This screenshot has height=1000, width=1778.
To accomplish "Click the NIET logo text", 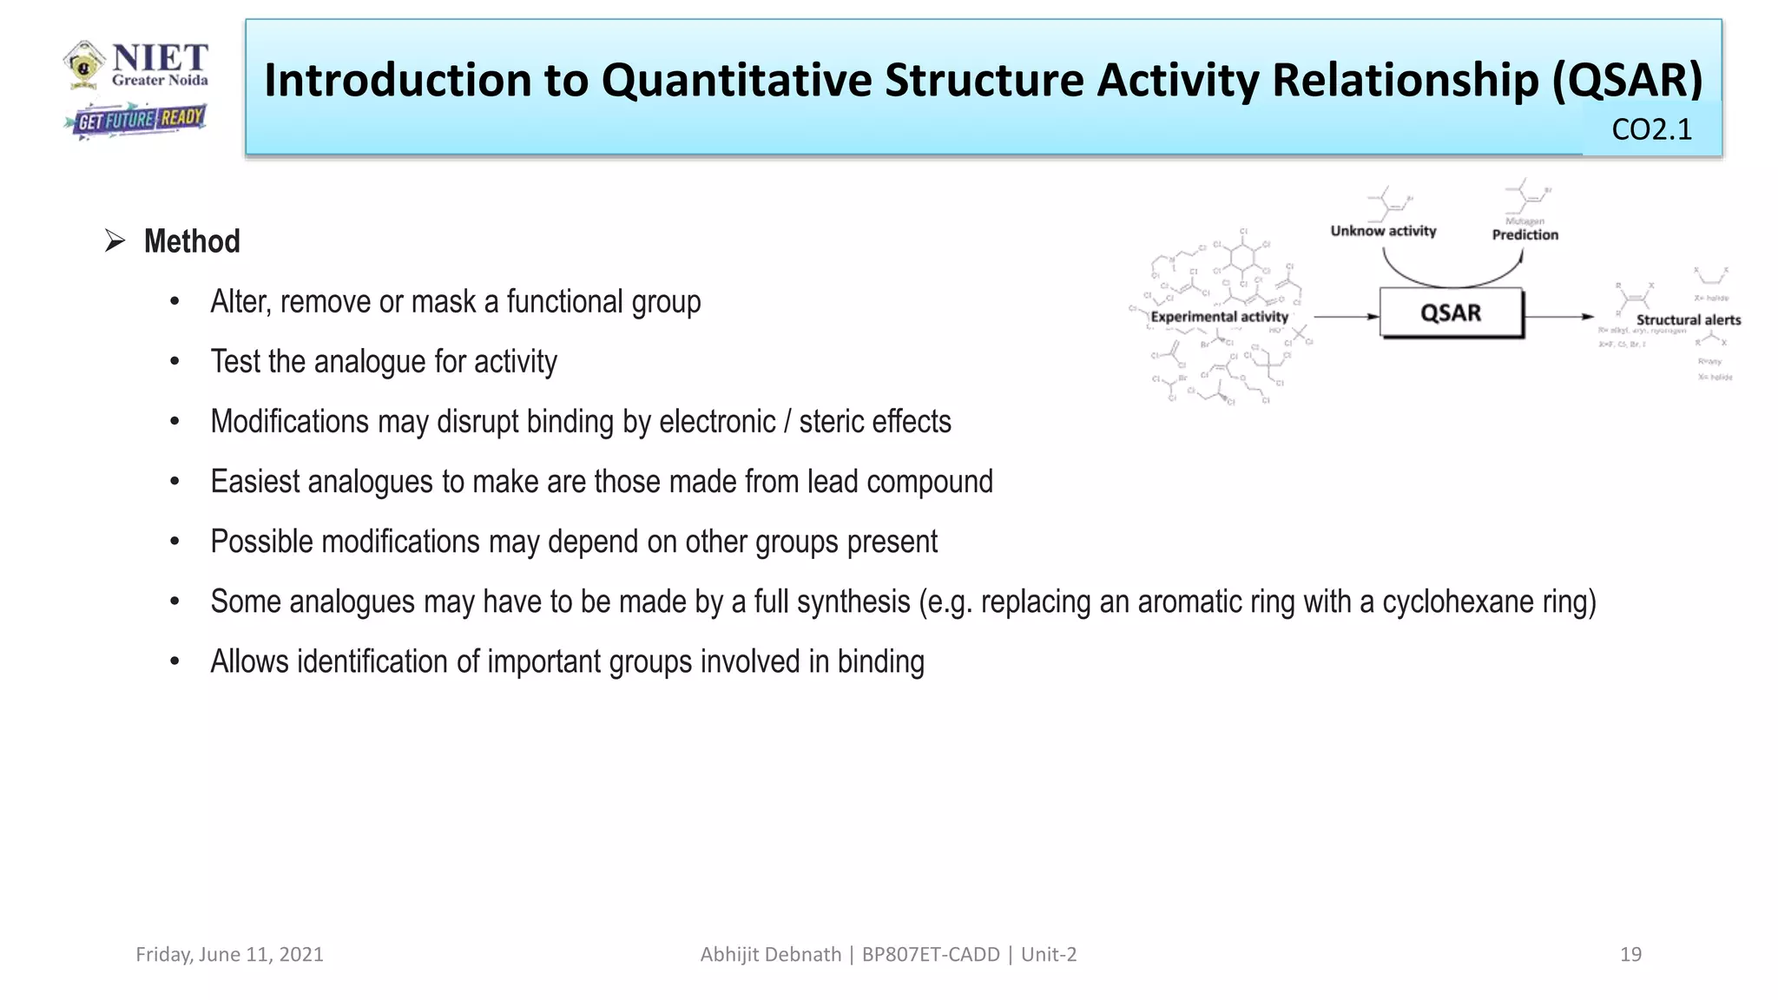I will [160, 59].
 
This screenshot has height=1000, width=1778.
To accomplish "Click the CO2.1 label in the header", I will [1651, 129].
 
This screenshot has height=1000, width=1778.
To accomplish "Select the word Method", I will [192, 241].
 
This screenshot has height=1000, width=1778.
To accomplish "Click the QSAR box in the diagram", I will [1451, 313].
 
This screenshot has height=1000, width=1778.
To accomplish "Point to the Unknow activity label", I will [1383, 231].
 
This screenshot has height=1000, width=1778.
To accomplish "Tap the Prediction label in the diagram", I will [1524, 234].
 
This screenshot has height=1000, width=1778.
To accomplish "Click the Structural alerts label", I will [1688, 320].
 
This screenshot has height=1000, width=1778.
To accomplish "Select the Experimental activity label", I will [1219, 317].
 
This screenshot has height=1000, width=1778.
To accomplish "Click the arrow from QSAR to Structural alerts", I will [1559, 317].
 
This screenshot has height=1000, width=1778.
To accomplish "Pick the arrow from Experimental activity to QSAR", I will [1346, 317].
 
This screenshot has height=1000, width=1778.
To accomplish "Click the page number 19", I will [1630, 954].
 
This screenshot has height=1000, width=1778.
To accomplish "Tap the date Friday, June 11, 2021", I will [229, 954].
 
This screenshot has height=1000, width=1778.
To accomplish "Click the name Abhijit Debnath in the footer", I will [770, 954].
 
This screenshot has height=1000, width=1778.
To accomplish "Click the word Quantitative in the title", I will [737, 80].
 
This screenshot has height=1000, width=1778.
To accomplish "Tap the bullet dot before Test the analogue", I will [175, 362].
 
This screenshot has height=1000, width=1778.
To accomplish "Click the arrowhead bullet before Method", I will [115, 240].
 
